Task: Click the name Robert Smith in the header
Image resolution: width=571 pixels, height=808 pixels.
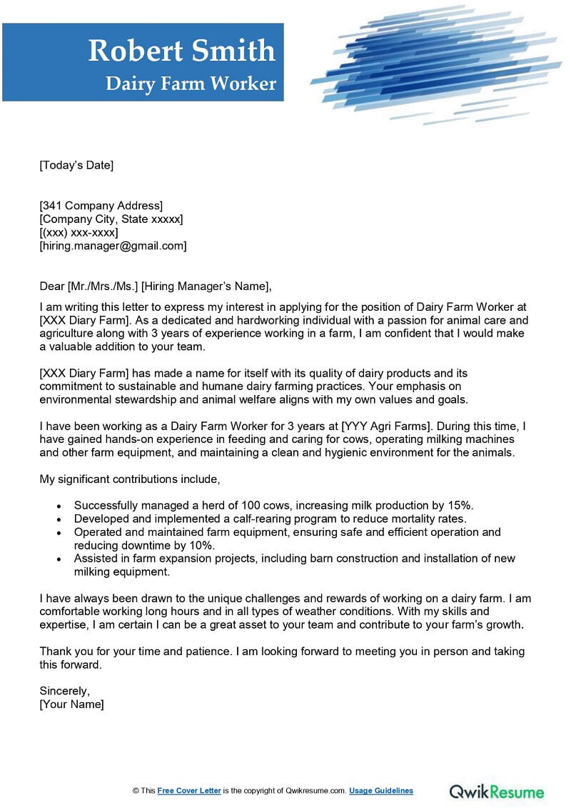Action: pos(181,50)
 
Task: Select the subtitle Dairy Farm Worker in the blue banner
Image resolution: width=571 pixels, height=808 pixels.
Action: pos(191,84)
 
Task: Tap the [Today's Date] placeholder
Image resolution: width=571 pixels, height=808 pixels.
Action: pos(76,165)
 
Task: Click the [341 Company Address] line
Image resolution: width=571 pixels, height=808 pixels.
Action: pos(101,206)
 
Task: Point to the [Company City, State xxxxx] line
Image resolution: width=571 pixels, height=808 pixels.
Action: pos(111,219)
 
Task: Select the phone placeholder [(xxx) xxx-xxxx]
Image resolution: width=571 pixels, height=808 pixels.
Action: pos(79,232)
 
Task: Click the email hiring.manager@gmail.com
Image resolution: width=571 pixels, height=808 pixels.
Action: pos(113,246)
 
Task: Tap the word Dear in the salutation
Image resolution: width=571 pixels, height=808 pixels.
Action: pos(51,286)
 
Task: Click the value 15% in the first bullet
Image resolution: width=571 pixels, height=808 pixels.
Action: pos(460,505)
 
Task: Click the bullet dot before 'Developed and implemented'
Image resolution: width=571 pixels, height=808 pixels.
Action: pos(59,519)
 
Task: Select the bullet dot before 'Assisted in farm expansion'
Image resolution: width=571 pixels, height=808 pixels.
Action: pos(59,559)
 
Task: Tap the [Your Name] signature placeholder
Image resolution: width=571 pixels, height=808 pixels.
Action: pos(71,704)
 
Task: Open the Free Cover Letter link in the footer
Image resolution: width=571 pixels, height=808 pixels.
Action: pos(189,791)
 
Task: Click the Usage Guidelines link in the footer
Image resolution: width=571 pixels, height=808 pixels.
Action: pos(382,791)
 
